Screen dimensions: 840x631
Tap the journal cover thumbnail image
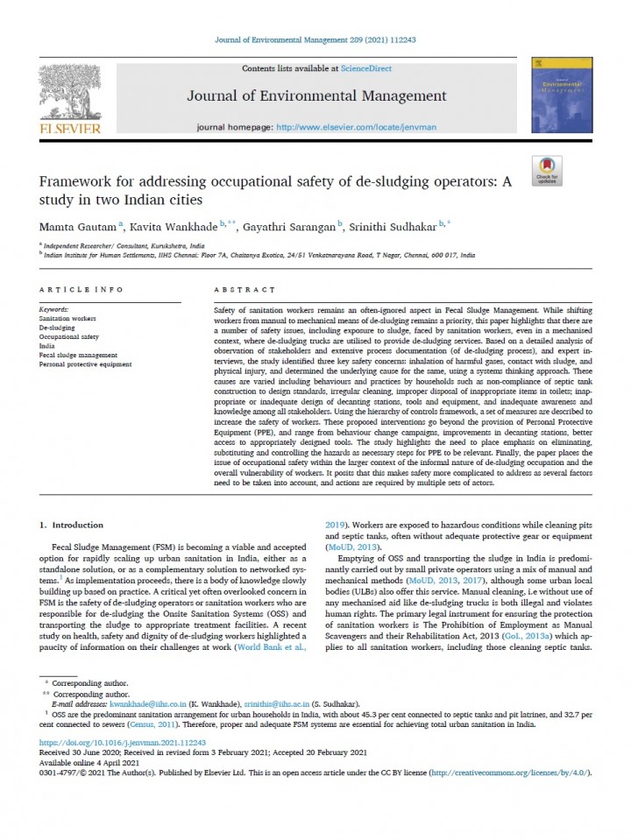(x=561, y=99)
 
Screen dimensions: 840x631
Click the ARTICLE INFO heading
(x=82, y=288)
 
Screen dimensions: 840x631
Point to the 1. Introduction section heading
(x=73, y=525)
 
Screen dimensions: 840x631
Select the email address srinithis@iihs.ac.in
(x=272, y=703)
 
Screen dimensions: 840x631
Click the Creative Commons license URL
(x=513, y=773)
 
